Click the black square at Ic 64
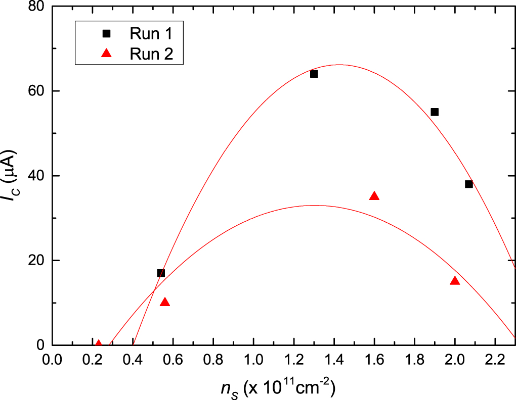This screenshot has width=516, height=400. (314, 74)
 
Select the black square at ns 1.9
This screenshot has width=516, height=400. (434, 112)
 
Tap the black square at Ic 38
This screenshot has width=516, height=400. (468, 184)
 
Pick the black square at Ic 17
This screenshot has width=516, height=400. (161, 273)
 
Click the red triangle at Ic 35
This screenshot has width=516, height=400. (374, 196)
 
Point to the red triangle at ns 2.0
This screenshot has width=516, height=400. (455, 281)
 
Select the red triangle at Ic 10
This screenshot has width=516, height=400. (165, 303)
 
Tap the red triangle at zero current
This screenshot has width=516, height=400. (99, 344)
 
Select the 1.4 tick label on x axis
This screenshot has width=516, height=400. (334, 363)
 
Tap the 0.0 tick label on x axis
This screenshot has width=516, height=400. (52, 363)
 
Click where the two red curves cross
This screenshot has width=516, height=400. (153, 290)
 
